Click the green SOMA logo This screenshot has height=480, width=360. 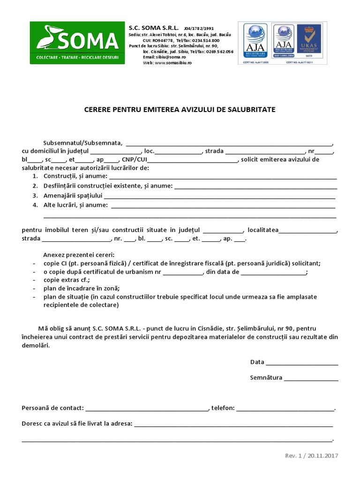tap(77, 43)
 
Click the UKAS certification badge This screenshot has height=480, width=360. tap(311, 43)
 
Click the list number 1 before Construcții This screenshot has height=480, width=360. tap(35, 176)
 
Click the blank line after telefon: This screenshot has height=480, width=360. tap(285, 408)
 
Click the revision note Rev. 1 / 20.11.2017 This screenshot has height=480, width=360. tap(311, 456)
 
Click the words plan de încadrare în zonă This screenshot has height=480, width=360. tap(82, 288)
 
